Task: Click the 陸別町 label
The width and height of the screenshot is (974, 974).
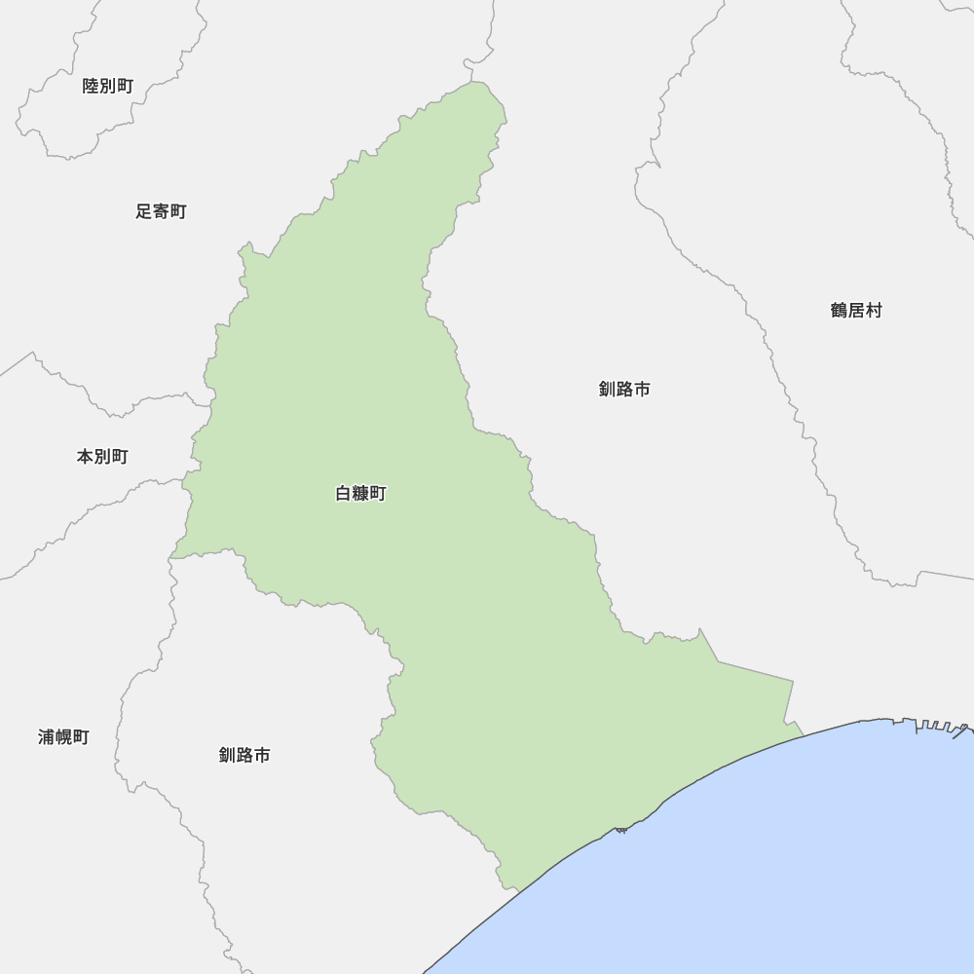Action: [x=108, y=86]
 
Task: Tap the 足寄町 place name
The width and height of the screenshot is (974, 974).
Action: [x=161, y=211]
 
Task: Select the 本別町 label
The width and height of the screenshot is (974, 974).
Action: [x=102, y=456]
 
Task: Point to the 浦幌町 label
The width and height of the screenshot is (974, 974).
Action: [x=63, y=737]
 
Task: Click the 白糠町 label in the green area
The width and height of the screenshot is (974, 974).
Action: [x=360, y=494]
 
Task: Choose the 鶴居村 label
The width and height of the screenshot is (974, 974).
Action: [x=856, y=311]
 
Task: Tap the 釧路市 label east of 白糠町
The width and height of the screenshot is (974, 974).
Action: [x=624, y=390]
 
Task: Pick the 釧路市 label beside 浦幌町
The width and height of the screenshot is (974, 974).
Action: [x=244, y=755]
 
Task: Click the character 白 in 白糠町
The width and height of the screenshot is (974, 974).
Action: [x=344, y=494]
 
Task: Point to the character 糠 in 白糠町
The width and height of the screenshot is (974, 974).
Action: [x=360, y=494]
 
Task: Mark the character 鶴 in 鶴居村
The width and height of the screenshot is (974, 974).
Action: [x=840, y=311]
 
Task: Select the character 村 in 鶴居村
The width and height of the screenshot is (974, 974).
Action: [x=874, y=311]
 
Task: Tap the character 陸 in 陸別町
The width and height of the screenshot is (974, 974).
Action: [x=92, y=86]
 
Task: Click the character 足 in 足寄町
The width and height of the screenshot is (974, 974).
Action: [x=144, y=211]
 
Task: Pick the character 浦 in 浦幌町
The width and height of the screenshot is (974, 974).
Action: [x=47, y=737]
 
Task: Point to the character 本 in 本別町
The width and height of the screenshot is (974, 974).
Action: [x=86, y=456]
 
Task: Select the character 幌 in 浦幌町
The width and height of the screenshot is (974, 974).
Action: [x=63, y=737]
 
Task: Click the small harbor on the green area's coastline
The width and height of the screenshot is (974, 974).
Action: [x=620, y=829]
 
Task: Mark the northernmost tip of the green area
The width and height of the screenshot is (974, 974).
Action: [x=478, y=83]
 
